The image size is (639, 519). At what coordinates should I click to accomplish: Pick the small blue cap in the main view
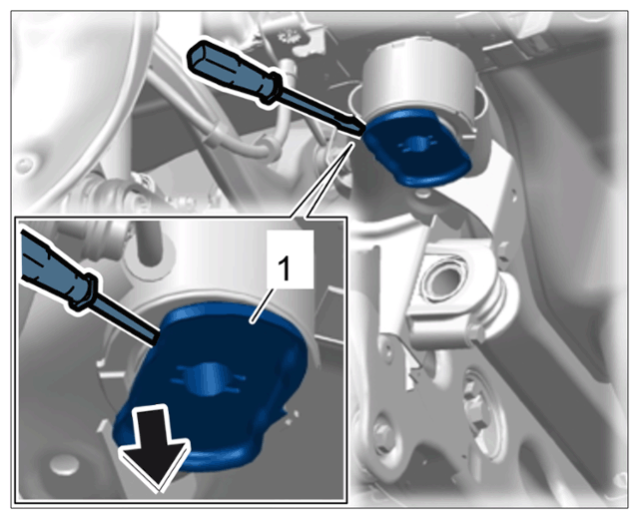pyautogui.click(x=416, y=148)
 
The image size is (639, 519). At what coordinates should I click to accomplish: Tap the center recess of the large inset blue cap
pyautogui.click(x=209, y=379)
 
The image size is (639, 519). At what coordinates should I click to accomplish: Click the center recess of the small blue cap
pyautogui.click(x=416, y=144)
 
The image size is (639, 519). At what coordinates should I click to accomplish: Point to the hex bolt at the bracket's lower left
pyautogui.click(x=382, y=432)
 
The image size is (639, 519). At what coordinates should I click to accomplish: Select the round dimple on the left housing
pyautogui.click(x=24, y=165)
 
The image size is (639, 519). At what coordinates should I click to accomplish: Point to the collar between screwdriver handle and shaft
pyautogui.click(x=273, y=87)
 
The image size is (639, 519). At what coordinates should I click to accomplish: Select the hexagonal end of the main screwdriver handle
pyautogui.click(x=198, y=58)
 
